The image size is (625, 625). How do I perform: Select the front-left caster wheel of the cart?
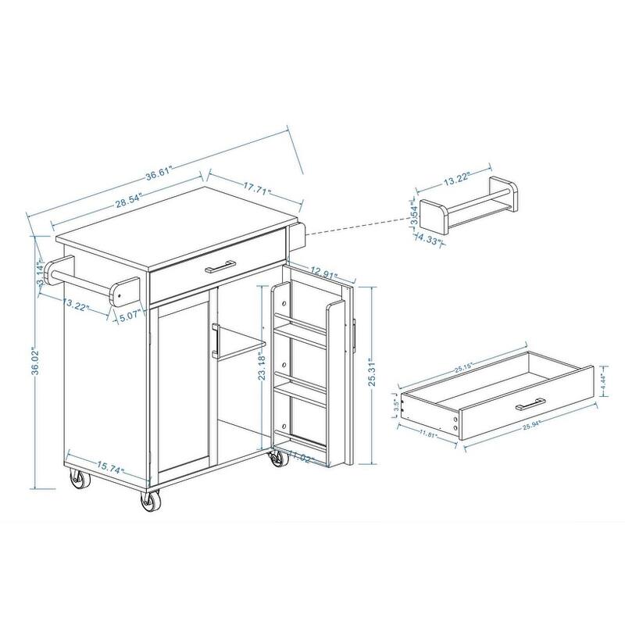pyautogui.click(x=149, y=502)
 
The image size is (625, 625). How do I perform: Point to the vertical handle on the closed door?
pyautogui.click(x=213, y=341)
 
